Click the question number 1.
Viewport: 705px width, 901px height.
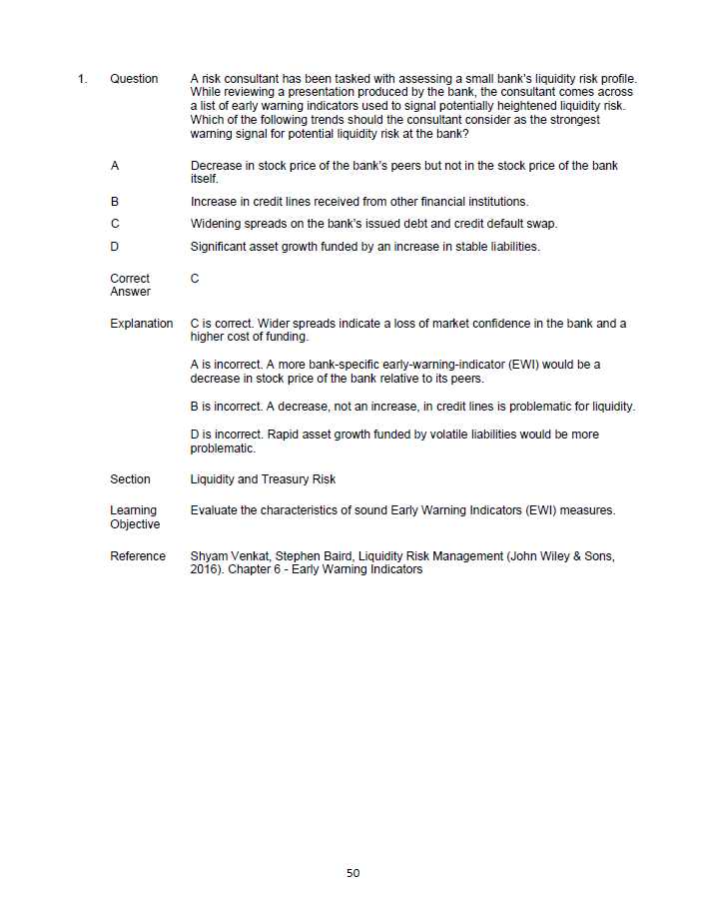click(82, 79)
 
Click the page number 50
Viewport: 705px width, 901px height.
click(352, 873)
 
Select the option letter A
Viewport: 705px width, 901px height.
click(115, 166)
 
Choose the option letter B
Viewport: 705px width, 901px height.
click(115, 202)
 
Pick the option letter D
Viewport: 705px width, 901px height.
click(115, 247)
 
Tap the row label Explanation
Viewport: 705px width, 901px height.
click(141, 324)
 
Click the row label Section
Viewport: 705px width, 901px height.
click(130, 479)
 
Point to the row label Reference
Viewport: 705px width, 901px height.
click(138, 556)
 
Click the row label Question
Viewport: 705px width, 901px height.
click(134, 79)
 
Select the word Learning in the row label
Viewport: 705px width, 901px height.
click(133, 510)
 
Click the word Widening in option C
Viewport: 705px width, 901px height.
click(214, 224)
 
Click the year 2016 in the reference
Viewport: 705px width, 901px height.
click(204, 569)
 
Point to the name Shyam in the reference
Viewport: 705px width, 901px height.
click(208, 556)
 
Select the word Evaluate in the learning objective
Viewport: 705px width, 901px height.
click(214, 510)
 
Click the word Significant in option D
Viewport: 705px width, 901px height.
click(220, 247)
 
